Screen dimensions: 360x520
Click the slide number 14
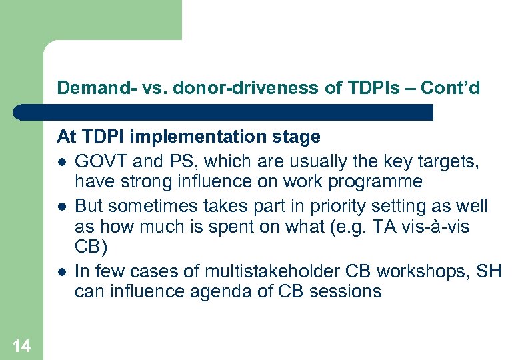21,345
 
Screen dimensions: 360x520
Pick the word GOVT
99,160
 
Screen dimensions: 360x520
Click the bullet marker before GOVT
61,161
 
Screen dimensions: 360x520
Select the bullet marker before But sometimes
61,206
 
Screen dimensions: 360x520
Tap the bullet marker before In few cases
61,271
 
